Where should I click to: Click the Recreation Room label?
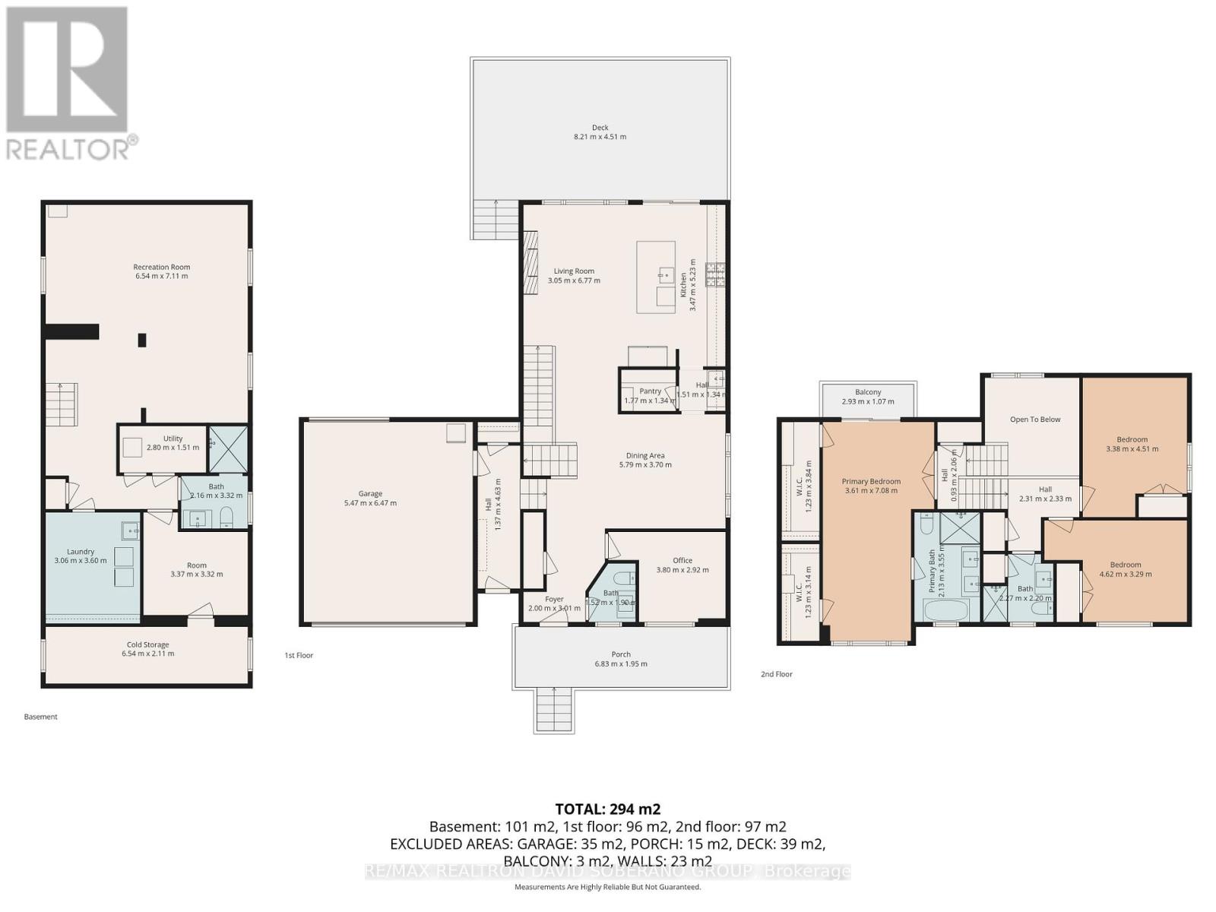tap(161, 267)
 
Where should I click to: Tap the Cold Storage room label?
tap(147, 644)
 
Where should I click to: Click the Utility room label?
tap(173, 439)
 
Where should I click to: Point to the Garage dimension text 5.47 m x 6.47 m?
tap(370, 503)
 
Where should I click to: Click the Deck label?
tap(600, 128)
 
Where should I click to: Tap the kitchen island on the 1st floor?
tap(656, 277)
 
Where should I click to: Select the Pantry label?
tap(650, 391)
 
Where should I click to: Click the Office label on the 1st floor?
tap(682, 561)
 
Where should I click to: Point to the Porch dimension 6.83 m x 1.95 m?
tap(621, 663)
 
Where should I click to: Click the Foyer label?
tap(554, 599)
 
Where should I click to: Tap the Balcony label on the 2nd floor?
tap(868, 392)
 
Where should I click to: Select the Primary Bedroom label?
tap(871, 481)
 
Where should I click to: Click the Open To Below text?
tap(1034, 420)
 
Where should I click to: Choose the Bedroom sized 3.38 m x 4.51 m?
tap(1132, 444)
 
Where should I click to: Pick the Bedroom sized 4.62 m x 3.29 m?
tap(1125, 569)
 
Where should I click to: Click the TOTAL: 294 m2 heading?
tap(607, 809)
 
